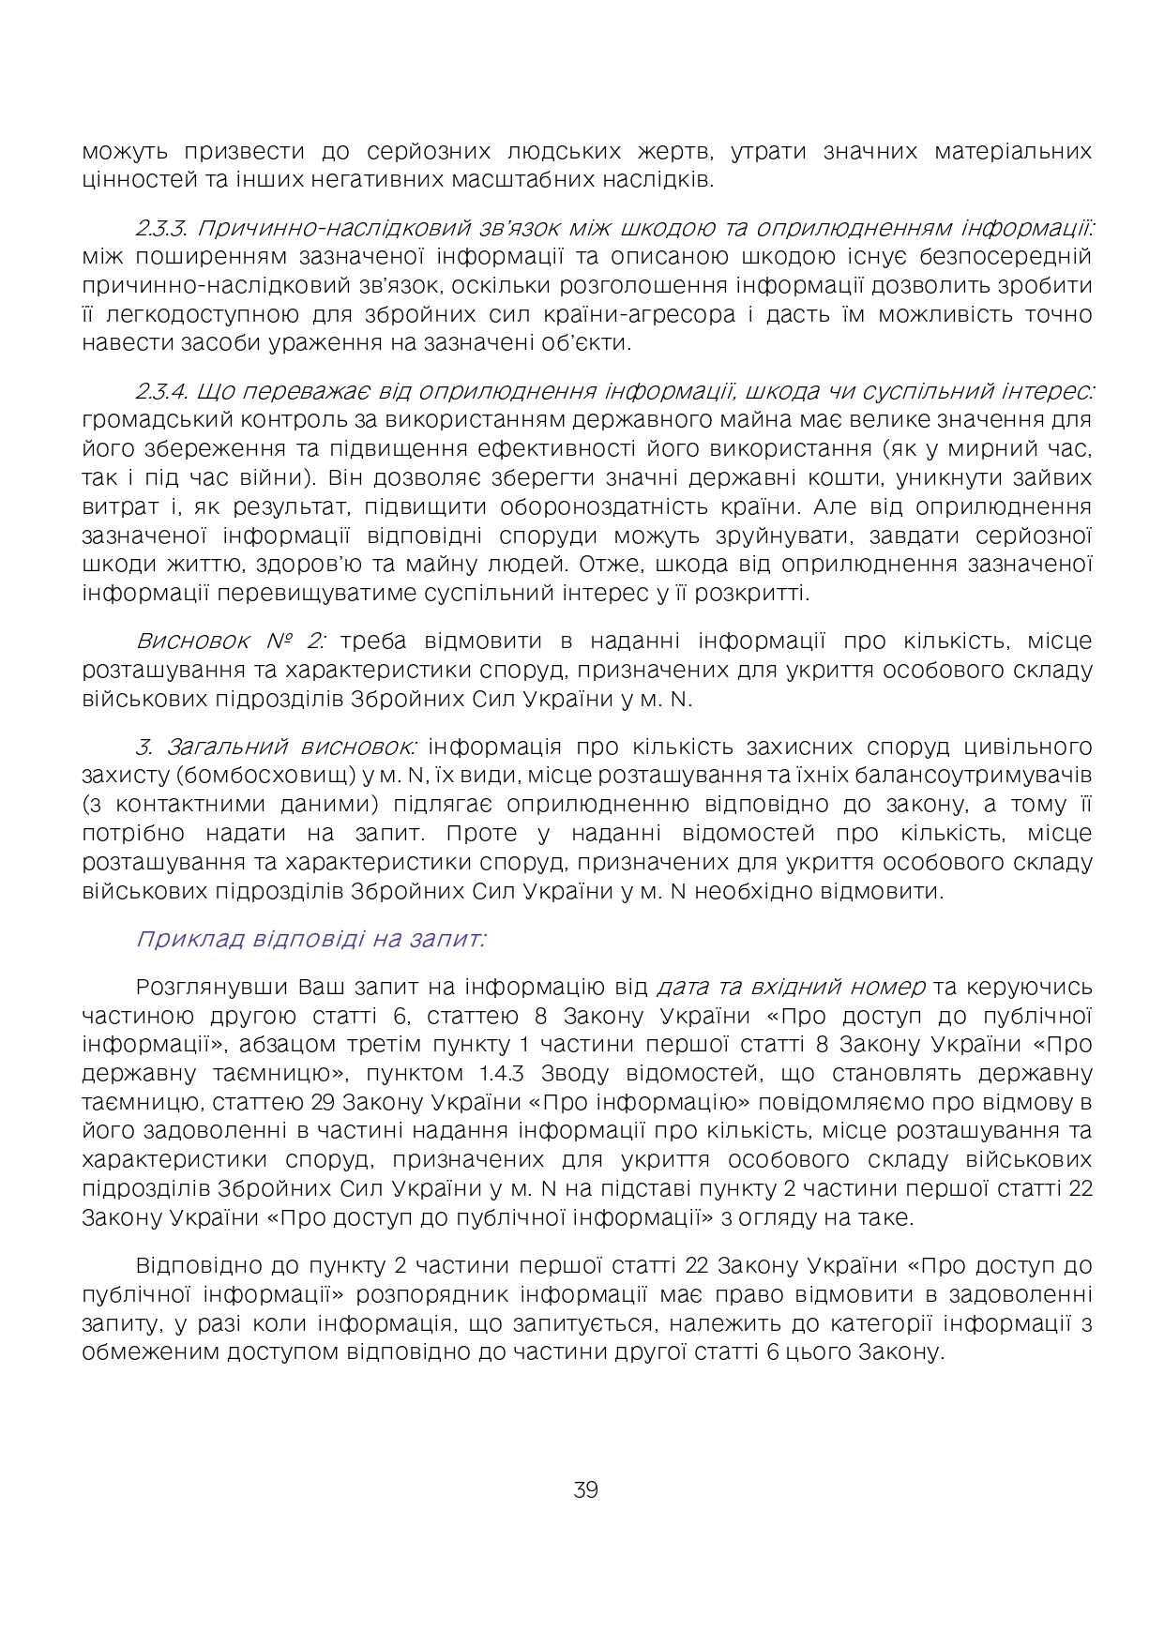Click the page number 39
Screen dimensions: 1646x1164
coord(585,1489)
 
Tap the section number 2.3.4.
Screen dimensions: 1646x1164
coord(163,391)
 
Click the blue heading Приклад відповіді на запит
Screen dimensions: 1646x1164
coord(310,939)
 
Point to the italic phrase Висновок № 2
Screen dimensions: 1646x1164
coord(231,642)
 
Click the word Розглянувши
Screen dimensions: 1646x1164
coord(212,988)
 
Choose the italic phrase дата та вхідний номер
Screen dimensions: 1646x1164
coord(791,988)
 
